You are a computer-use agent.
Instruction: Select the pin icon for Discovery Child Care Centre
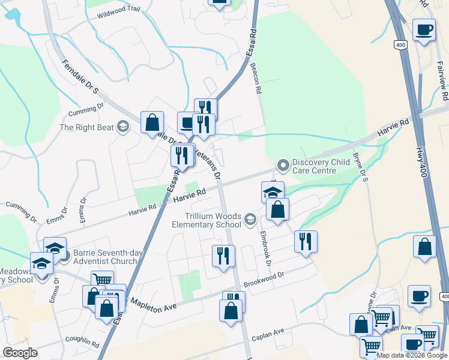point(283,164)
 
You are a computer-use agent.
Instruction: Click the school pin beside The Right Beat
point(123,126)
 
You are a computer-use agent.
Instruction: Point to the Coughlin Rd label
point(82,341)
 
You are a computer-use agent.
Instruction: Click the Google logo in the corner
point(20,353)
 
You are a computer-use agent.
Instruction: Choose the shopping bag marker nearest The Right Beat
point(152,122)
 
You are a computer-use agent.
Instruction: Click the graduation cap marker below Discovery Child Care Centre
point(273,193)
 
